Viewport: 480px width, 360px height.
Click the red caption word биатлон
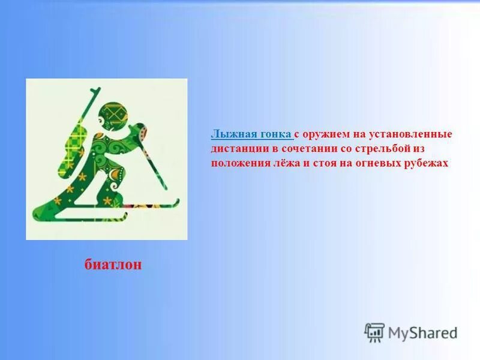(x=113, y=265)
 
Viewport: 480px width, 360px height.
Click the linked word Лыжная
(x=230, y=134)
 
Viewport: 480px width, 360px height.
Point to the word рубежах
(x=424, y=163)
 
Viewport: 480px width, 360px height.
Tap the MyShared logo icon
(x=374, y=332)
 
